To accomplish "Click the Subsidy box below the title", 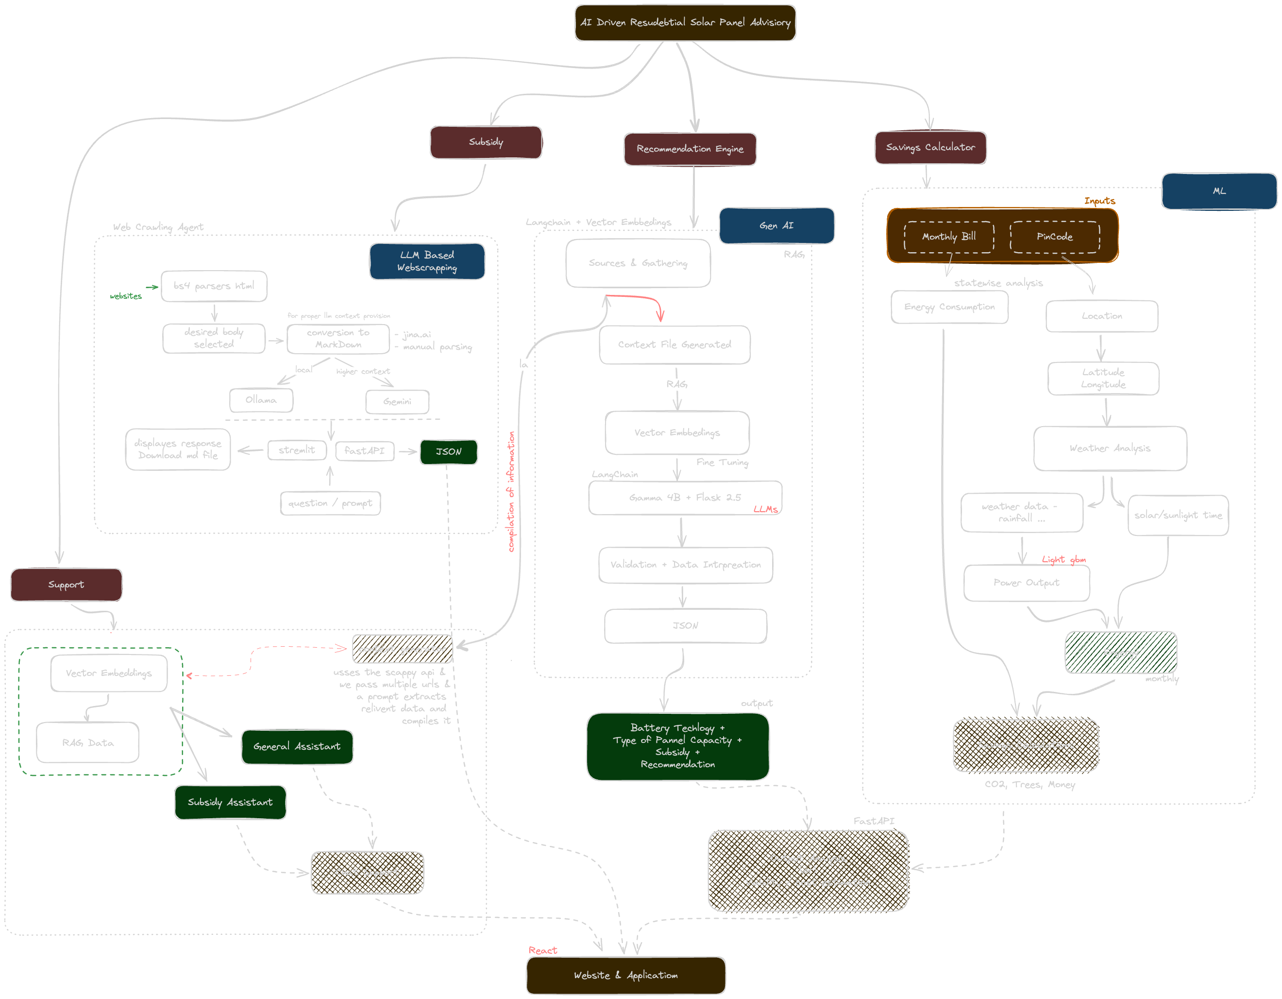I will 486,142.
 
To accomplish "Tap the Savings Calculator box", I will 930,147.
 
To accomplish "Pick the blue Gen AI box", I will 776,225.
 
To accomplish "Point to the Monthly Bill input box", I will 948,237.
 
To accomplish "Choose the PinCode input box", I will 1054,237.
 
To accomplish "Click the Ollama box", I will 261,400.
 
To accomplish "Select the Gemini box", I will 397,402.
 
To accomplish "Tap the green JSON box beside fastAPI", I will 449,451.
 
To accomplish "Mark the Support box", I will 67,585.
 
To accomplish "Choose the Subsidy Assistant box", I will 230,802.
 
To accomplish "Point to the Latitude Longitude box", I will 1103,378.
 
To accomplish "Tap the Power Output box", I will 1026,583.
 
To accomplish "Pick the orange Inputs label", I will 1099,201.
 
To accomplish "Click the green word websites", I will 126,296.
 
